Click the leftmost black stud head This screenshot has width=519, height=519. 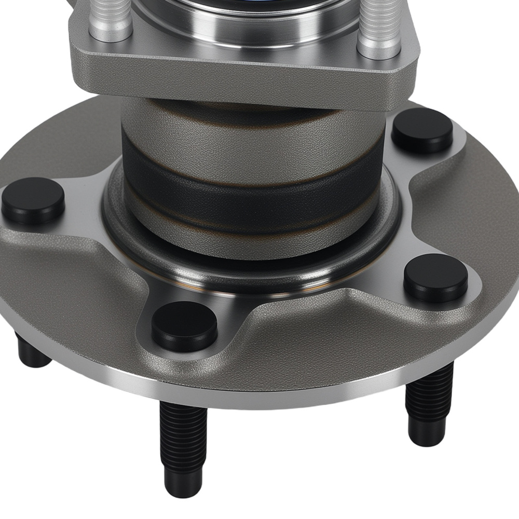pyautogui.click(x=33, y=200)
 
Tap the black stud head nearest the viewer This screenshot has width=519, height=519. pyautogui.click(x=184, y=325)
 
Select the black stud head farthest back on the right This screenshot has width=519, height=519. pyautogui.click(x=421, y=130)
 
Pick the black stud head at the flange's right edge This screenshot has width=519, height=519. pyautogui.click(x=436, y=278)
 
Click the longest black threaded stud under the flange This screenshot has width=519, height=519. pyautogui.click(x=181, y=446)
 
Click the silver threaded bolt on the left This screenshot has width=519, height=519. pyautogui.click(x=110, y=21)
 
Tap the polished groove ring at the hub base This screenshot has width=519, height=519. pyautogui.click(x=249, y=275)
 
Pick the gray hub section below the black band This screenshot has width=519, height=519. pyautogui.click(x=249, y=234)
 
